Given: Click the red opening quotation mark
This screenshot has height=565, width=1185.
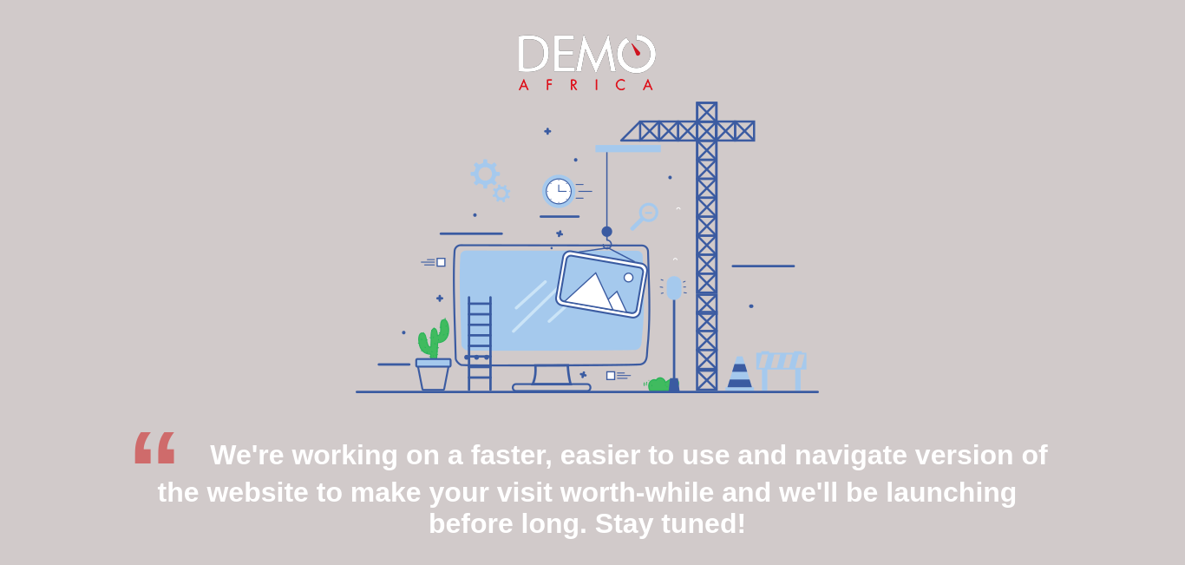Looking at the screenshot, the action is tap(154, 448).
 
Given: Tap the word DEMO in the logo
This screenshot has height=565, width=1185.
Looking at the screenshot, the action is tap(586, 54).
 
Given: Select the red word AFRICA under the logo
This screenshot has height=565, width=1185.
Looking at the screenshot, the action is tap(586, 85).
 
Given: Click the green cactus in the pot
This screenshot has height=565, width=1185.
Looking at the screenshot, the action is tap(434, 339).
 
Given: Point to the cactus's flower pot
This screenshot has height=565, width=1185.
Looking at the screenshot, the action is tap(433, 375).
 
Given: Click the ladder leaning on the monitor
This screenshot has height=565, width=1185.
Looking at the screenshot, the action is tap(480, 344).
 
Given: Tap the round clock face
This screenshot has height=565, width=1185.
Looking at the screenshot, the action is tap(559, 191).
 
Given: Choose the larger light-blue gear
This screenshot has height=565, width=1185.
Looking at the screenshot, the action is tap(485, 174).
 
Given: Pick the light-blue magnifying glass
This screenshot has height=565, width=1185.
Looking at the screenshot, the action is tap(645, 216).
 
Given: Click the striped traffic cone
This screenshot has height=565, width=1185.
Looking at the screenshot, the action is tap(740, 373).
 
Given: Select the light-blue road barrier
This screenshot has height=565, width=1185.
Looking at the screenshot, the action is tap(782, 371).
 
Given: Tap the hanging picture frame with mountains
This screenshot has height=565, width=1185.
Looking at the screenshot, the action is tap(601, 284).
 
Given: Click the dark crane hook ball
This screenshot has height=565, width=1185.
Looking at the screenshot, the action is tap(606, 232).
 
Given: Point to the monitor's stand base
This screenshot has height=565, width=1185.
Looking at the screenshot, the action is tap(551, 387).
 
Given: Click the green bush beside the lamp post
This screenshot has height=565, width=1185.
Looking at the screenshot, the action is tap(658, 384).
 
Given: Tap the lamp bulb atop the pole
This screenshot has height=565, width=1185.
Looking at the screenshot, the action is tap(674, 288).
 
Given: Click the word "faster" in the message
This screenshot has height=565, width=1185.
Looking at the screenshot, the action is tap(511, 455).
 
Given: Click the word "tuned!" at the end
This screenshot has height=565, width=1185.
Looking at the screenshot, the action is tap(704, 523).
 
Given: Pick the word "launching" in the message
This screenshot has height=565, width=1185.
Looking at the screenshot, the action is tap(951, 493).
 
